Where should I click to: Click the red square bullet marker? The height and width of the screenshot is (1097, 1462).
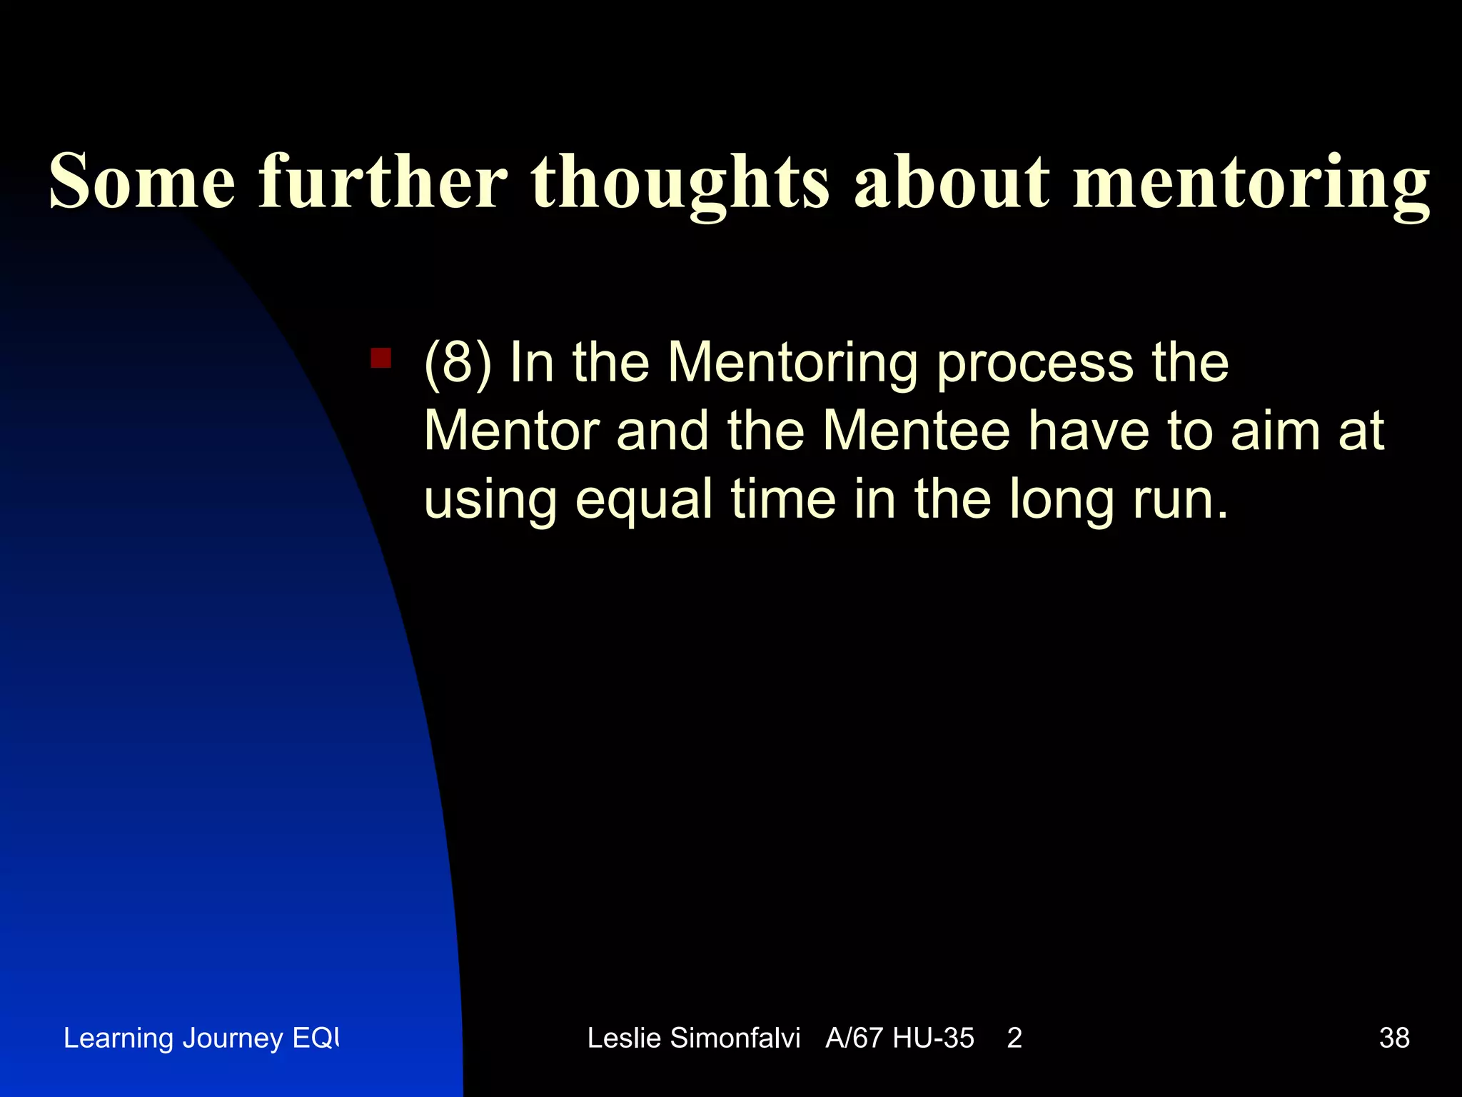pos(380,358)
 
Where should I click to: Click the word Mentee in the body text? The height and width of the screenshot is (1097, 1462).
pos(916,431)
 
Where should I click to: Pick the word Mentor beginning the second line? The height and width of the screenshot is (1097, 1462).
pos(511,431)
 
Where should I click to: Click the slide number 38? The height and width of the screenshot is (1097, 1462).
pos(1394,1038)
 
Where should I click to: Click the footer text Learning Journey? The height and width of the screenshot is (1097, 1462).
pos(173,1038)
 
